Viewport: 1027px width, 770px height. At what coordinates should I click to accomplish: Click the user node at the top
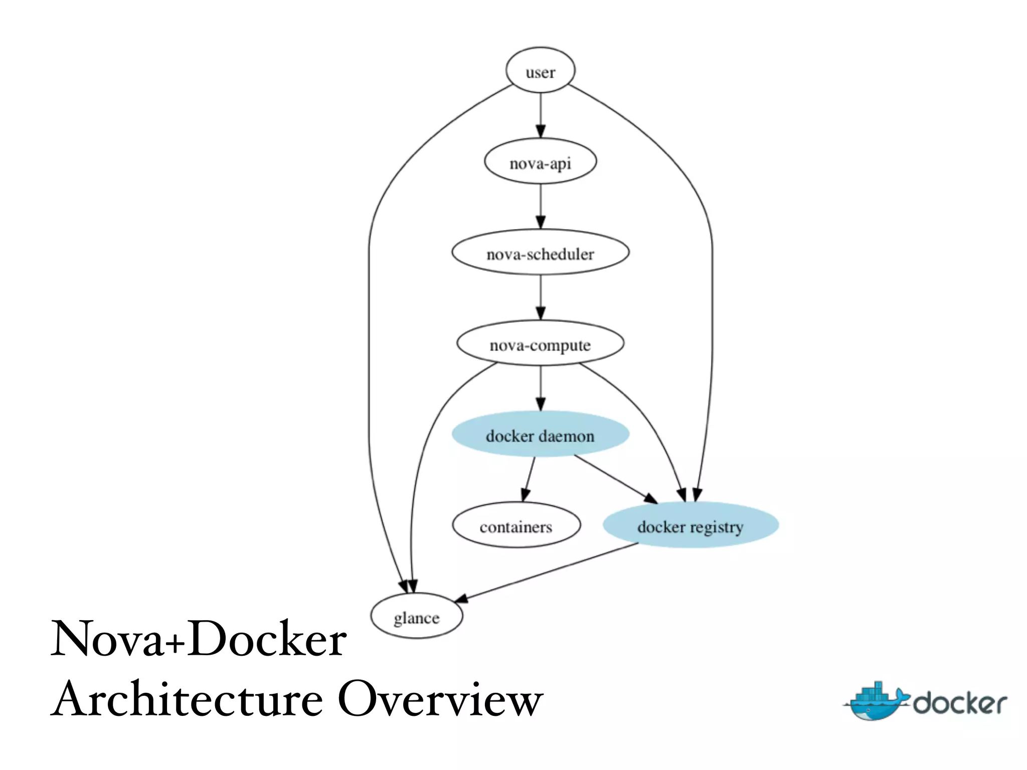[540, 71]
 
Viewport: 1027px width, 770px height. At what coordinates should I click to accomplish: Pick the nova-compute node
[540, 343]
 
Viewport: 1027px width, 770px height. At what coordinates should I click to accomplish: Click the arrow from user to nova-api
[540, 115]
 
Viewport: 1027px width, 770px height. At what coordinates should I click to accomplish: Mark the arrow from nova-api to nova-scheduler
[540, 207]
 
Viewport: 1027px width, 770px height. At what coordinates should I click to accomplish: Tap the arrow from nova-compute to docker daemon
[540, 389]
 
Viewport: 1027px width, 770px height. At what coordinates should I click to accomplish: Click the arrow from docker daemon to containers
[529, 479]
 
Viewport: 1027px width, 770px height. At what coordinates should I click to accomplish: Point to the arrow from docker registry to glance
[547, 571]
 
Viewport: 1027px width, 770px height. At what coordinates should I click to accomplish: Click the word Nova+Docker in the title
[199, 639]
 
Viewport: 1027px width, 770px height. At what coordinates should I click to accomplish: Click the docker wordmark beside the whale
[959, 703]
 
